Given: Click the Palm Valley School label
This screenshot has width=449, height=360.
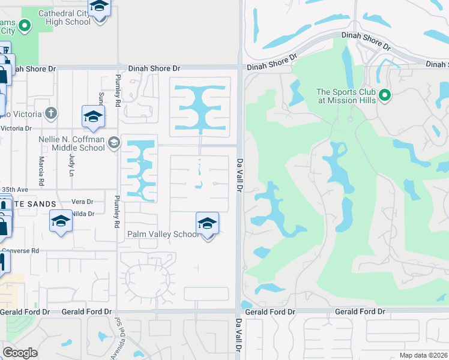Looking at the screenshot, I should click(x=163, y=234).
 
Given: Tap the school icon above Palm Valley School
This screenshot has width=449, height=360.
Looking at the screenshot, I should click(x=207, y=224).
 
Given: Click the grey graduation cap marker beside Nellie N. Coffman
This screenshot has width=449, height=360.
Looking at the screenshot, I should click(x=114, y=143).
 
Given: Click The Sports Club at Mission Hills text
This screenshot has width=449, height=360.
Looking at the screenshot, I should click(x=346, y=96).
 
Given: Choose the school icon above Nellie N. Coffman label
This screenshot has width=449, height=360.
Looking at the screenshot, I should click(x=93, y=116).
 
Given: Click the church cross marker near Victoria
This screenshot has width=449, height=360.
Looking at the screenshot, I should click(x=52, y=113).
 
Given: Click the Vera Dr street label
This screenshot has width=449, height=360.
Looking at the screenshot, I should click(x=83, y=202).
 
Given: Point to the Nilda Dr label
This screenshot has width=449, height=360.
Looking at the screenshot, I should click(x=83, y=214).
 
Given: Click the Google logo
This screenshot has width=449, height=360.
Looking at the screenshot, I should click(x=20, y=352).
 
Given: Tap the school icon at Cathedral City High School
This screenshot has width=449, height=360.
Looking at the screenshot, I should click(x=100, y=7).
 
